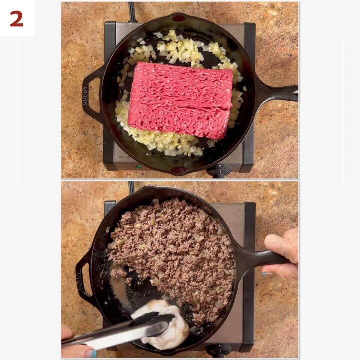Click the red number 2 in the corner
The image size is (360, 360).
16,18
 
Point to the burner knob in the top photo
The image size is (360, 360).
219,171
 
